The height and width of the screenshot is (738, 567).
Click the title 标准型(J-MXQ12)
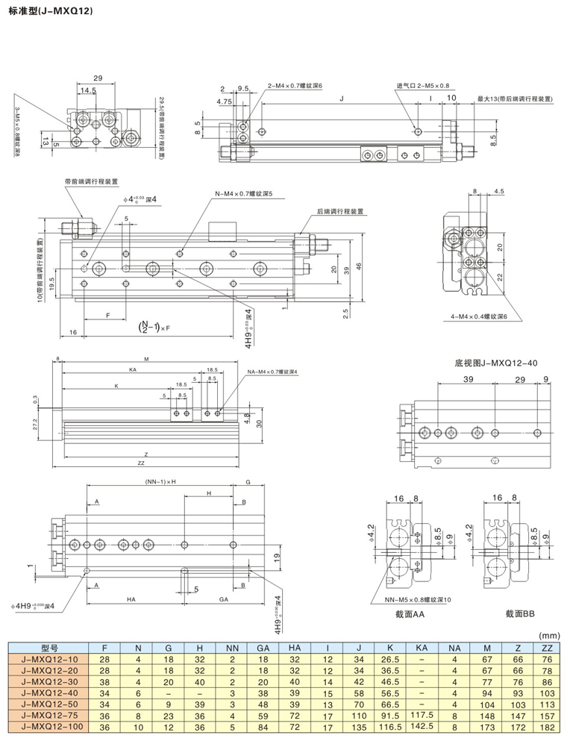[49, 12]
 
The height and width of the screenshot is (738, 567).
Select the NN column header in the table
[231, 648]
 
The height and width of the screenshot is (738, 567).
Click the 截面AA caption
[410, 613]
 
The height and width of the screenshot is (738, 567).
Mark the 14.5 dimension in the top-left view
[88, 90]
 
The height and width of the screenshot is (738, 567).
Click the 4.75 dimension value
[224, 101]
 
